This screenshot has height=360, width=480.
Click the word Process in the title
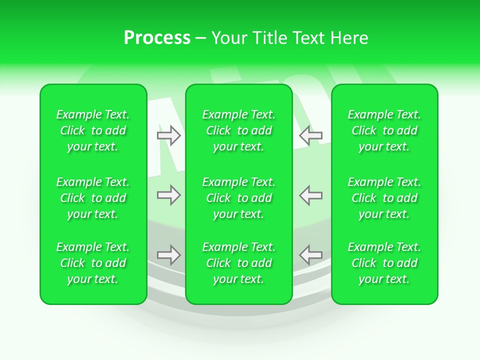pyautogui.click(x=157, y=38)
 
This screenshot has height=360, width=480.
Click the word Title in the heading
pyautogui.click(x=266, y=38)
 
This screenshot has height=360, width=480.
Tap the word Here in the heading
pyautogui.click(x=349, y=38)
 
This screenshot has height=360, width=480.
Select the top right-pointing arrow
pyautogui.click(x=168, y=135)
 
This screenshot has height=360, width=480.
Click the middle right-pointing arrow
pyautogui.click(x=168, y=195)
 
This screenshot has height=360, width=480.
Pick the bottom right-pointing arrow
pyautogui.click(x=168, y=255)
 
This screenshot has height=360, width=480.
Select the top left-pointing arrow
pyautogui.click(x=311, y=135)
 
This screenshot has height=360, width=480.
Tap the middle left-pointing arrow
pyautogui.click(x=311, y=195)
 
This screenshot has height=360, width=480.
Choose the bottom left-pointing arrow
pyautogui.click(x=311, y=255)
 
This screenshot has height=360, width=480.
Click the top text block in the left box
pyautogui.click(x=93, y=130)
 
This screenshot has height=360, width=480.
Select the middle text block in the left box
pyautogui.click(x=93, y=198)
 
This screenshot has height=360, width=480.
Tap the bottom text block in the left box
pyautogui.click(x=93, y=263)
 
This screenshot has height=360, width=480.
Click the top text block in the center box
pyautogui.click(x=239, y=130)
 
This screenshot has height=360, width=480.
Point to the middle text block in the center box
pyautogui.click(x=239, y=198)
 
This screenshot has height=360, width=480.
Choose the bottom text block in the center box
pyautogui.click(x=239, y=263)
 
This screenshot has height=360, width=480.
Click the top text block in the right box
pyautogui.click(x=384, y=130)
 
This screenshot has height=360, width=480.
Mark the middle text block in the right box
pyautogui.click(x=384, y=198)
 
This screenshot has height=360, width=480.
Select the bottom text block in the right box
pyautogui.click(x=384, y=263)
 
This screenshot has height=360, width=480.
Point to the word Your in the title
pyautogui.click(x=227, y=38)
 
